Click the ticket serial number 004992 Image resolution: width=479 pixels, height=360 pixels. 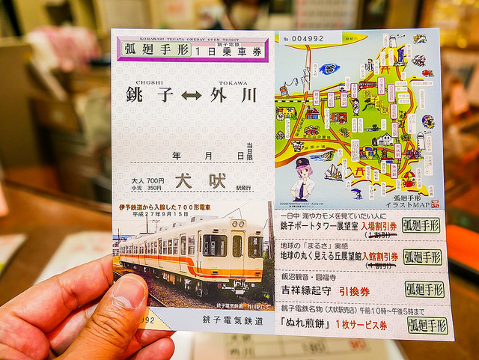(x=307, y=38)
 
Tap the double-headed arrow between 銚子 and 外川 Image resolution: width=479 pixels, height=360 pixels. (x=192, y=97)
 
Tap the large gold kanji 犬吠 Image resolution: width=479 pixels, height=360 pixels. (x=200, y=182)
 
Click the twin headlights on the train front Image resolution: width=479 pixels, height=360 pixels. (x=239, y=224)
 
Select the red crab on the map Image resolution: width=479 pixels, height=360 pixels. (x=409, y=180)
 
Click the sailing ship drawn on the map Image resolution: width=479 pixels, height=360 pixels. (x=335, y=171)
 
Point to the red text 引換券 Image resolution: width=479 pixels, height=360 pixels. (x=355, y=291)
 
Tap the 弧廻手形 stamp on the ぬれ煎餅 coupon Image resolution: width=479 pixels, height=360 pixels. (x=427, y=325)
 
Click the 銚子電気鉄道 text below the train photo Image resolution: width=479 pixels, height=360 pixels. (x=233, y=320)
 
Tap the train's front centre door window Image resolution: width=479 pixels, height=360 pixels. (x=237, y=246)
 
